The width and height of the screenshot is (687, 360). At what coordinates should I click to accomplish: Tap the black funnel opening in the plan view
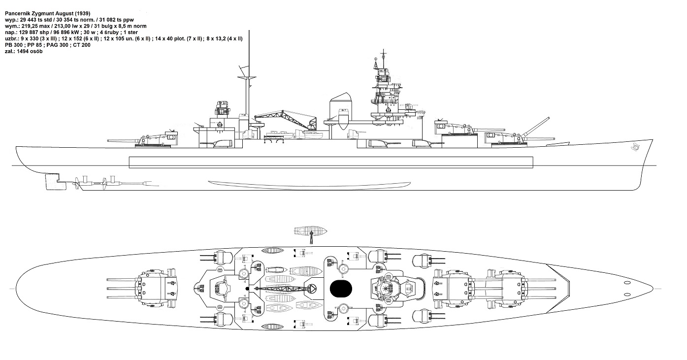click(x=341, y=289)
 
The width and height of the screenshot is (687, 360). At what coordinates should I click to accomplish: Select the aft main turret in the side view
click(x=157, y=140)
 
